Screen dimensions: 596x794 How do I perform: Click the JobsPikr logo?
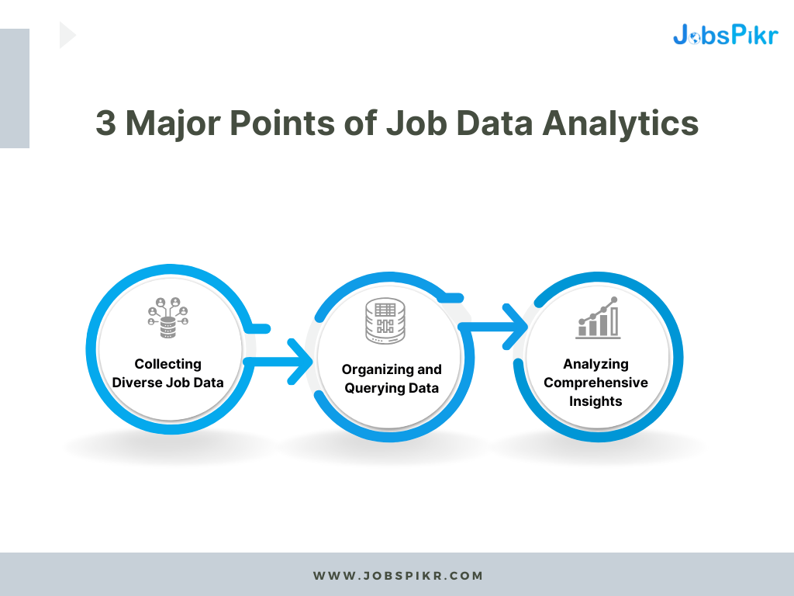click(x=724, y=34)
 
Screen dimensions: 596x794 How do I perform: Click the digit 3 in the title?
click(x=105, y=124)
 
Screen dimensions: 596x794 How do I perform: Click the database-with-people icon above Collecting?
click(x=167, y=318)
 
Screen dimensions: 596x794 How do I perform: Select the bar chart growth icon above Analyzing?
click(x=598, y=318)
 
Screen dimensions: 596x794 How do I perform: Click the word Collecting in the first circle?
click(x=167, y=364)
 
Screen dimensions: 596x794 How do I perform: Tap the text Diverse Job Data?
click(x=167, y=383)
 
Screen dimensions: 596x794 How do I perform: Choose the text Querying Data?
click(x=392, y=388)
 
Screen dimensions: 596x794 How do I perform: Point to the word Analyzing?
click(x=595, y=364)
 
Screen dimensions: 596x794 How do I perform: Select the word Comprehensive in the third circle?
click(x=595, y=383)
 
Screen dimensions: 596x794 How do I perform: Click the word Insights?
click(x=595, y=401)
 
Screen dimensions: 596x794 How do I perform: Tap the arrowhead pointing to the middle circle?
click(x=299, y=361)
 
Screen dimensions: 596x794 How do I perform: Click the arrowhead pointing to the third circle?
click(x=514, y=326)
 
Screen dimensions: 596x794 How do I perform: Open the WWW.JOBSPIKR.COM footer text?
click(x=398, y=576)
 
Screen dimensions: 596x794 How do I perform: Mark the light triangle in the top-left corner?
click(x=67, y=35)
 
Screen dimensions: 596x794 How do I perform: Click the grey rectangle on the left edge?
click(x=15, y=88)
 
